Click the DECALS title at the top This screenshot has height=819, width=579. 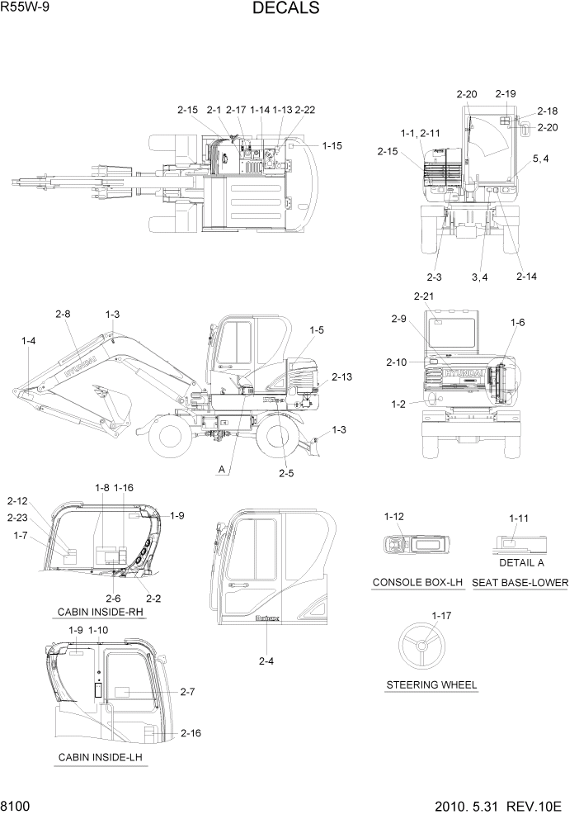(286, 9)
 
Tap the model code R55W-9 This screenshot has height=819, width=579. (26, 9)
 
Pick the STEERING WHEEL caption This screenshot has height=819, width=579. (431, 685)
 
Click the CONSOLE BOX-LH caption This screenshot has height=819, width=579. (418, 583)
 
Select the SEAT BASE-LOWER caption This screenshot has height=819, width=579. (520, 583)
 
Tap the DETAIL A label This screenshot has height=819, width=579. (521, 562)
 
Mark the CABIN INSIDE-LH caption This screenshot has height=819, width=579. (100, 757)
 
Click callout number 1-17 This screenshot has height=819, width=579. (442, 615)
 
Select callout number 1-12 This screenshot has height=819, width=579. (394, 517)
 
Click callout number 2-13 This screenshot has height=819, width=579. (341, 376)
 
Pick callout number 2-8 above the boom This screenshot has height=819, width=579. (64, 314)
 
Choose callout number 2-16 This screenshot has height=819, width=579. (191, 732)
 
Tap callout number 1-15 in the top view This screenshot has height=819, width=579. (332, 145)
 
